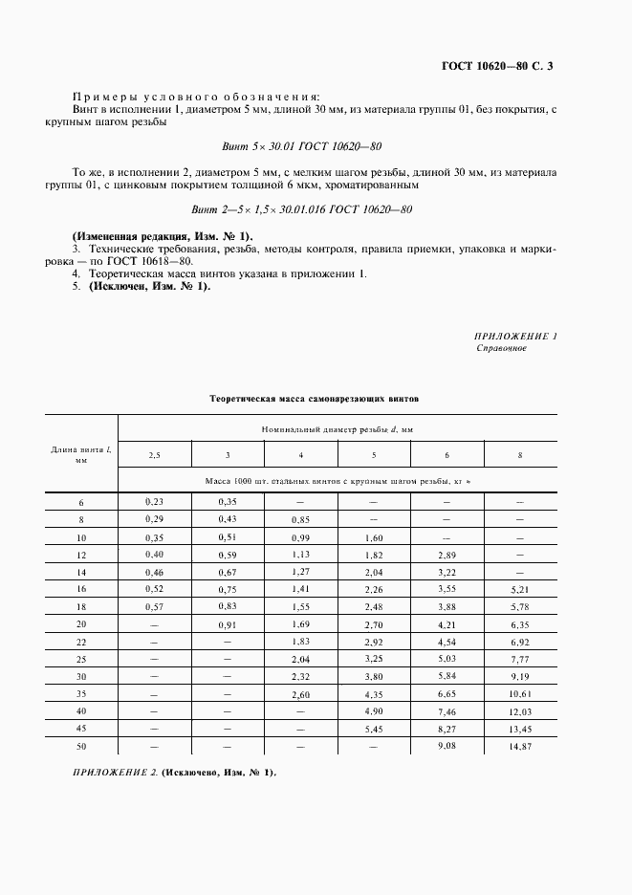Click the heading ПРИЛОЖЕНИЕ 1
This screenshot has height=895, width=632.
pos(515,336)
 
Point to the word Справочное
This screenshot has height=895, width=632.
pos(502,348)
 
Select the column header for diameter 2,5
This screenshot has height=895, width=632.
pos(155,455)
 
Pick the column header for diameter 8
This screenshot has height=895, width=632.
pos(519,455)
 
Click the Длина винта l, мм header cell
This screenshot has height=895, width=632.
pos(80,454)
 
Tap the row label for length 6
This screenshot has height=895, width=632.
pos(80,501)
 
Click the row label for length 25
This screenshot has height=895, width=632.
pos(80,660)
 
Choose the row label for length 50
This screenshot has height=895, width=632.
pos(80,747)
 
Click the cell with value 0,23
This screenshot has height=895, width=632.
pos(155,501)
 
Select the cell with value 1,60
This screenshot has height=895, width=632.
pos(374,537)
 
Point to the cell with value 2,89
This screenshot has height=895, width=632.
pos(447,555)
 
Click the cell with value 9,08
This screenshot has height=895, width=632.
pos(447,746)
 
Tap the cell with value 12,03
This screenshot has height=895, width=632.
pos(519,712)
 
